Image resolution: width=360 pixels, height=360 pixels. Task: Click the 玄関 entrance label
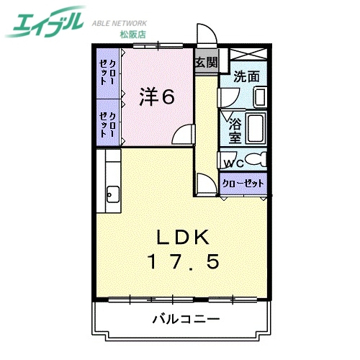pyautogui.click(x=206, y=63)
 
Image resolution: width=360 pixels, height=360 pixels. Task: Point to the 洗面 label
pyautogui.click(x=246, y=75)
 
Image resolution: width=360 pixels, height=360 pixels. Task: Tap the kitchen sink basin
pyautogui.click(x=113, y=193)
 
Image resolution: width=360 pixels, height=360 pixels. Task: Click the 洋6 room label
pyautogui.click(x=157, y=97)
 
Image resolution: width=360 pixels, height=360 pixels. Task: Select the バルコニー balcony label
pyautogui.click(x=185, y=318)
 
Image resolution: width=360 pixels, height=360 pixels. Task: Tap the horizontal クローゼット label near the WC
pyautogui.click(x=243, y=183)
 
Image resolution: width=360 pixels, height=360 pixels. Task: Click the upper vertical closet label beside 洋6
pyautogui.click(x=109, y=71)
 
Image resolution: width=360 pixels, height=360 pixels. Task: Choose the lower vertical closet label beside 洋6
pyautogui.click(x=109, y=122)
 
